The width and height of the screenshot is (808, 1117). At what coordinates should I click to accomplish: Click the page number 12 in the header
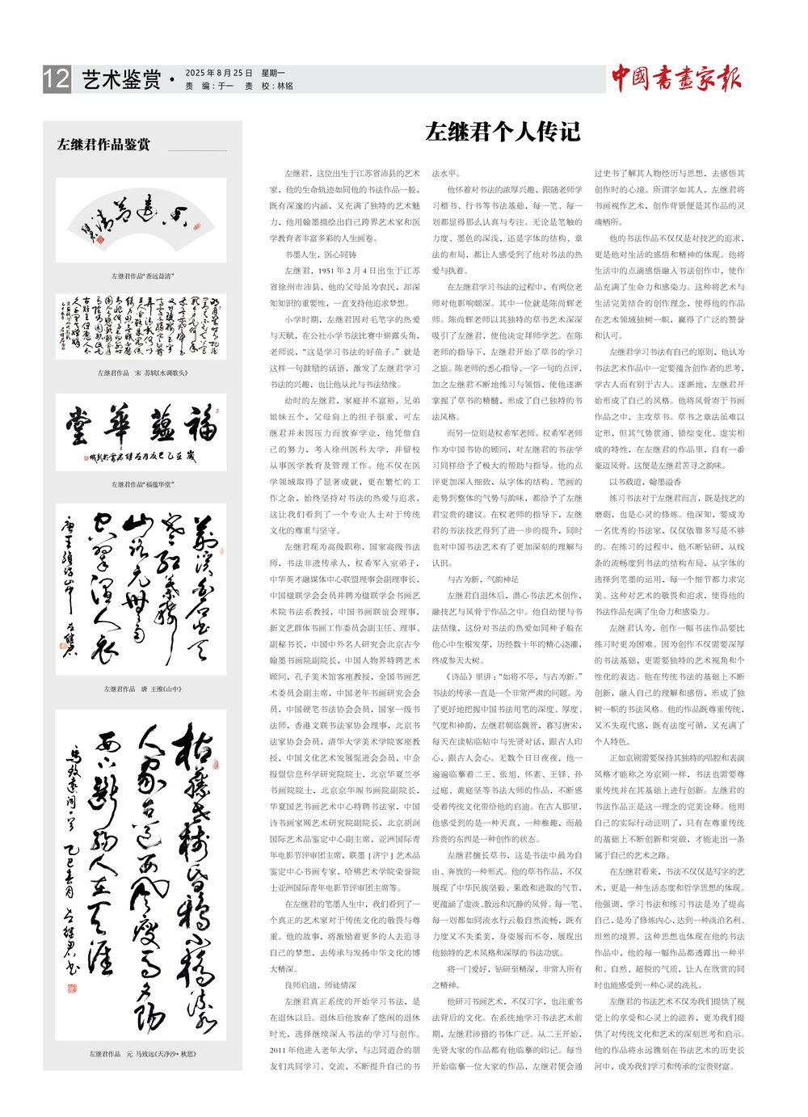click(57, 79)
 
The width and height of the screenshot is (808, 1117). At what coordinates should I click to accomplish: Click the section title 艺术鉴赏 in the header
click(121, 79)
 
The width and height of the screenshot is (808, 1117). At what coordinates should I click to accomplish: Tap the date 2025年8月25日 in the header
click(219, 73)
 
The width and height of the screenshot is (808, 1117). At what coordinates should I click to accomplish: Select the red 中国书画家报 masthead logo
click(675, 78)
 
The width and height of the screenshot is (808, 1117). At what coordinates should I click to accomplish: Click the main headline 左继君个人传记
click(503, 132)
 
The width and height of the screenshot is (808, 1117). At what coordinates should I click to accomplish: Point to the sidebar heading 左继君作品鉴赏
click(103, 145)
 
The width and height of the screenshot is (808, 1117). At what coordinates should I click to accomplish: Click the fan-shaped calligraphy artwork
click(141, 219)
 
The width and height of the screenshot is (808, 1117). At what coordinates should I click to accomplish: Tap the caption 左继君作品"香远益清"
click(142, 276)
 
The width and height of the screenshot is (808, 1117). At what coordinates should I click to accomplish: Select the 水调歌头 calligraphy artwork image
click(141, 327)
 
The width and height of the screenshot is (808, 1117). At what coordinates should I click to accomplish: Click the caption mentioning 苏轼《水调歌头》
click(142, 373)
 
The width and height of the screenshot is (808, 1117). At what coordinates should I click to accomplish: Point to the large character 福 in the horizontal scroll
click(200, 424)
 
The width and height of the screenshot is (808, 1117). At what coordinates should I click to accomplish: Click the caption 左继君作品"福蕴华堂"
click(142, 485)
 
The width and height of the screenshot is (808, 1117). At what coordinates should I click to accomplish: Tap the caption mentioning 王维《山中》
click(142, 689)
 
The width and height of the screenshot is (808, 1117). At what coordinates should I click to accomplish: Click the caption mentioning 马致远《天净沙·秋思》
click(142, 1054)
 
